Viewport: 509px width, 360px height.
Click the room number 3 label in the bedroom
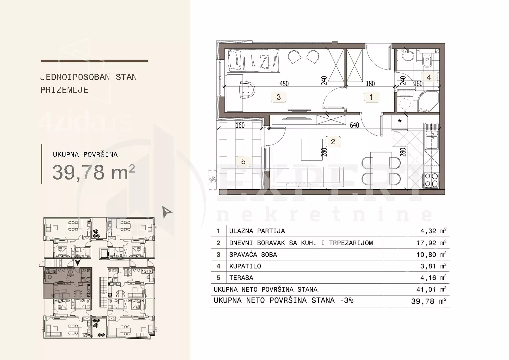[x=279, y=97]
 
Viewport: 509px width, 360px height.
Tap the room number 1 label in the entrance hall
[x=371, y=97]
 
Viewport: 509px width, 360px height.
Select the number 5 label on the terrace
[x=243, y=162]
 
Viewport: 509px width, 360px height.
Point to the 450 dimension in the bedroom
[x=284, y=84]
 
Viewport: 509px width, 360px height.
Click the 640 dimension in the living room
[x=354, y=125]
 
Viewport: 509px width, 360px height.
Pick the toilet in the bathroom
[x=427, y=61]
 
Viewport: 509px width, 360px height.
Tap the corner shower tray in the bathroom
[x=428, y=102]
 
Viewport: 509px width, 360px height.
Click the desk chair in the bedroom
[x=247, y=90]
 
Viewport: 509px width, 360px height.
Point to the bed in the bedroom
[x=253, y=61]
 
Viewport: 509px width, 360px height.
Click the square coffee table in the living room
[x=312, y=150]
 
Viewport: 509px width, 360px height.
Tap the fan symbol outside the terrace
[x=213, y=180]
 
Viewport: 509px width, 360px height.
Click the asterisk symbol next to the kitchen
[x=400, y=121]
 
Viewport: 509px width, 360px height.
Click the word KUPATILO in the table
[x=245, y=266]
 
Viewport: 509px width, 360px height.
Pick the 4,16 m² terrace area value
[x=433, y=278]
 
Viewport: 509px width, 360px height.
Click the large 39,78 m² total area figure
[x=94, y=172]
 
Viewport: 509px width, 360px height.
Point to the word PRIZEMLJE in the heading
[x=64, y=90]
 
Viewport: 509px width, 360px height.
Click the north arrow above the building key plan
[x=167, y=212]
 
